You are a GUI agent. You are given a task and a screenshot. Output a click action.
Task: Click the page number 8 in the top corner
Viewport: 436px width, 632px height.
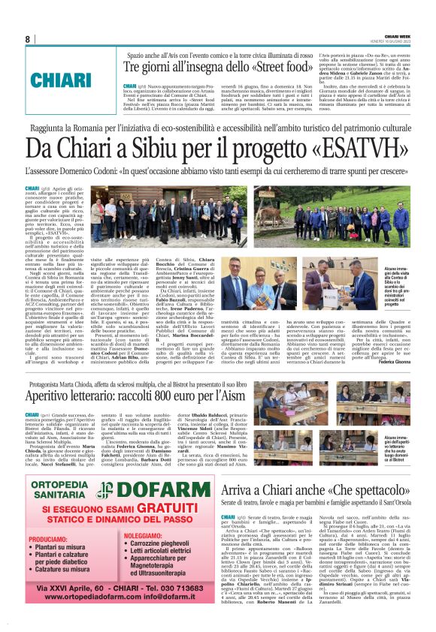pyautogui.click(x=27, y=39)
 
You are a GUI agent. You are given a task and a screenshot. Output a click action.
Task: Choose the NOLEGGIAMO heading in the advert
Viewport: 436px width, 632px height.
pyautogui.click(x=142, y=534)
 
